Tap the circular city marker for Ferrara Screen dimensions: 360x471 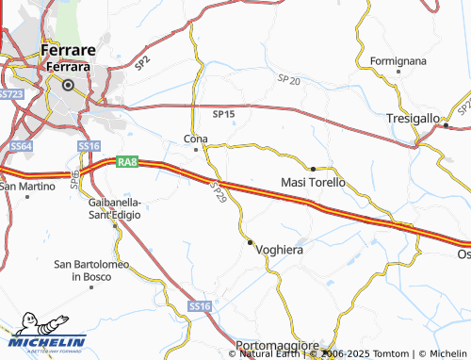68,85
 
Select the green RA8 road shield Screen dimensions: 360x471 128,163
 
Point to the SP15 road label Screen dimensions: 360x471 223,114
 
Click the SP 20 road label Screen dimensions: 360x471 289,81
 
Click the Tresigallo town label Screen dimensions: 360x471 413,119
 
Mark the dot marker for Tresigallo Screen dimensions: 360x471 446,125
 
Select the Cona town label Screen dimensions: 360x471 195,139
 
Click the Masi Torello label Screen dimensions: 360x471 313,181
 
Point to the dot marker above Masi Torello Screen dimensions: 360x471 313,169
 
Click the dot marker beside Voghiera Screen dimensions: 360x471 250,242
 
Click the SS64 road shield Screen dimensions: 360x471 23,146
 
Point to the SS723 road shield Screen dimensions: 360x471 10,94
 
